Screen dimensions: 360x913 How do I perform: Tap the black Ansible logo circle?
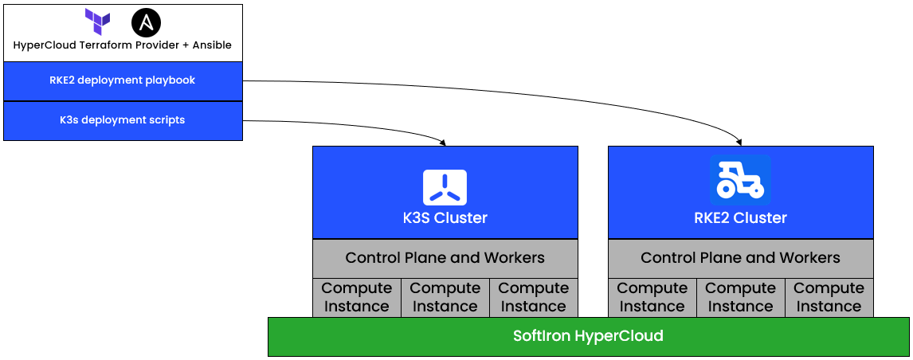pos(146,22)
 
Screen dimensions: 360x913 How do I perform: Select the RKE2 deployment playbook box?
pos(123,80)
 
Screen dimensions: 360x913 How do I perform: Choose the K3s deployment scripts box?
pos(123,120)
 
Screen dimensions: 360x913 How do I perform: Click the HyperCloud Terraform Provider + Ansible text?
pos(123,45)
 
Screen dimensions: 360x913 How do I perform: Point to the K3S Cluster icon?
pos(445,188)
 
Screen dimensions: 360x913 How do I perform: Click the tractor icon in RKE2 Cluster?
pos(740,180)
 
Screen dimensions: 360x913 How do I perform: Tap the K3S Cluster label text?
pos(445,217)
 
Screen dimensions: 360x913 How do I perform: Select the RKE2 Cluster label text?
pos(740,217)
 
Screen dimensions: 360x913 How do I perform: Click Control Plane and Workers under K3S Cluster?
pos(445,257)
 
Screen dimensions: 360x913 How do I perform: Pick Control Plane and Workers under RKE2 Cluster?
pos(740,257)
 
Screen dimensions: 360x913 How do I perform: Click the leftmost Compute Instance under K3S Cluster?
pos(356,297)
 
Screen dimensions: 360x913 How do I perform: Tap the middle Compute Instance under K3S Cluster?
pos(445,297)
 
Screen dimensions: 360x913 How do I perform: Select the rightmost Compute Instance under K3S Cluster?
pos(533,297)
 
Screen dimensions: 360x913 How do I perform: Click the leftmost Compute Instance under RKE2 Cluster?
pos(652,297)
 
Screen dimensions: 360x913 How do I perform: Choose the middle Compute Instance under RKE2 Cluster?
pos(740,297)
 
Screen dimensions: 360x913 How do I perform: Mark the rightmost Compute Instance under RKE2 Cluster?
pos(829,297)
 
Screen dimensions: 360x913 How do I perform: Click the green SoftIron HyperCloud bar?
pos(588,336)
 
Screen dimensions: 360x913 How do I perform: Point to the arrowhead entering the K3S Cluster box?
pos(443,143)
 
